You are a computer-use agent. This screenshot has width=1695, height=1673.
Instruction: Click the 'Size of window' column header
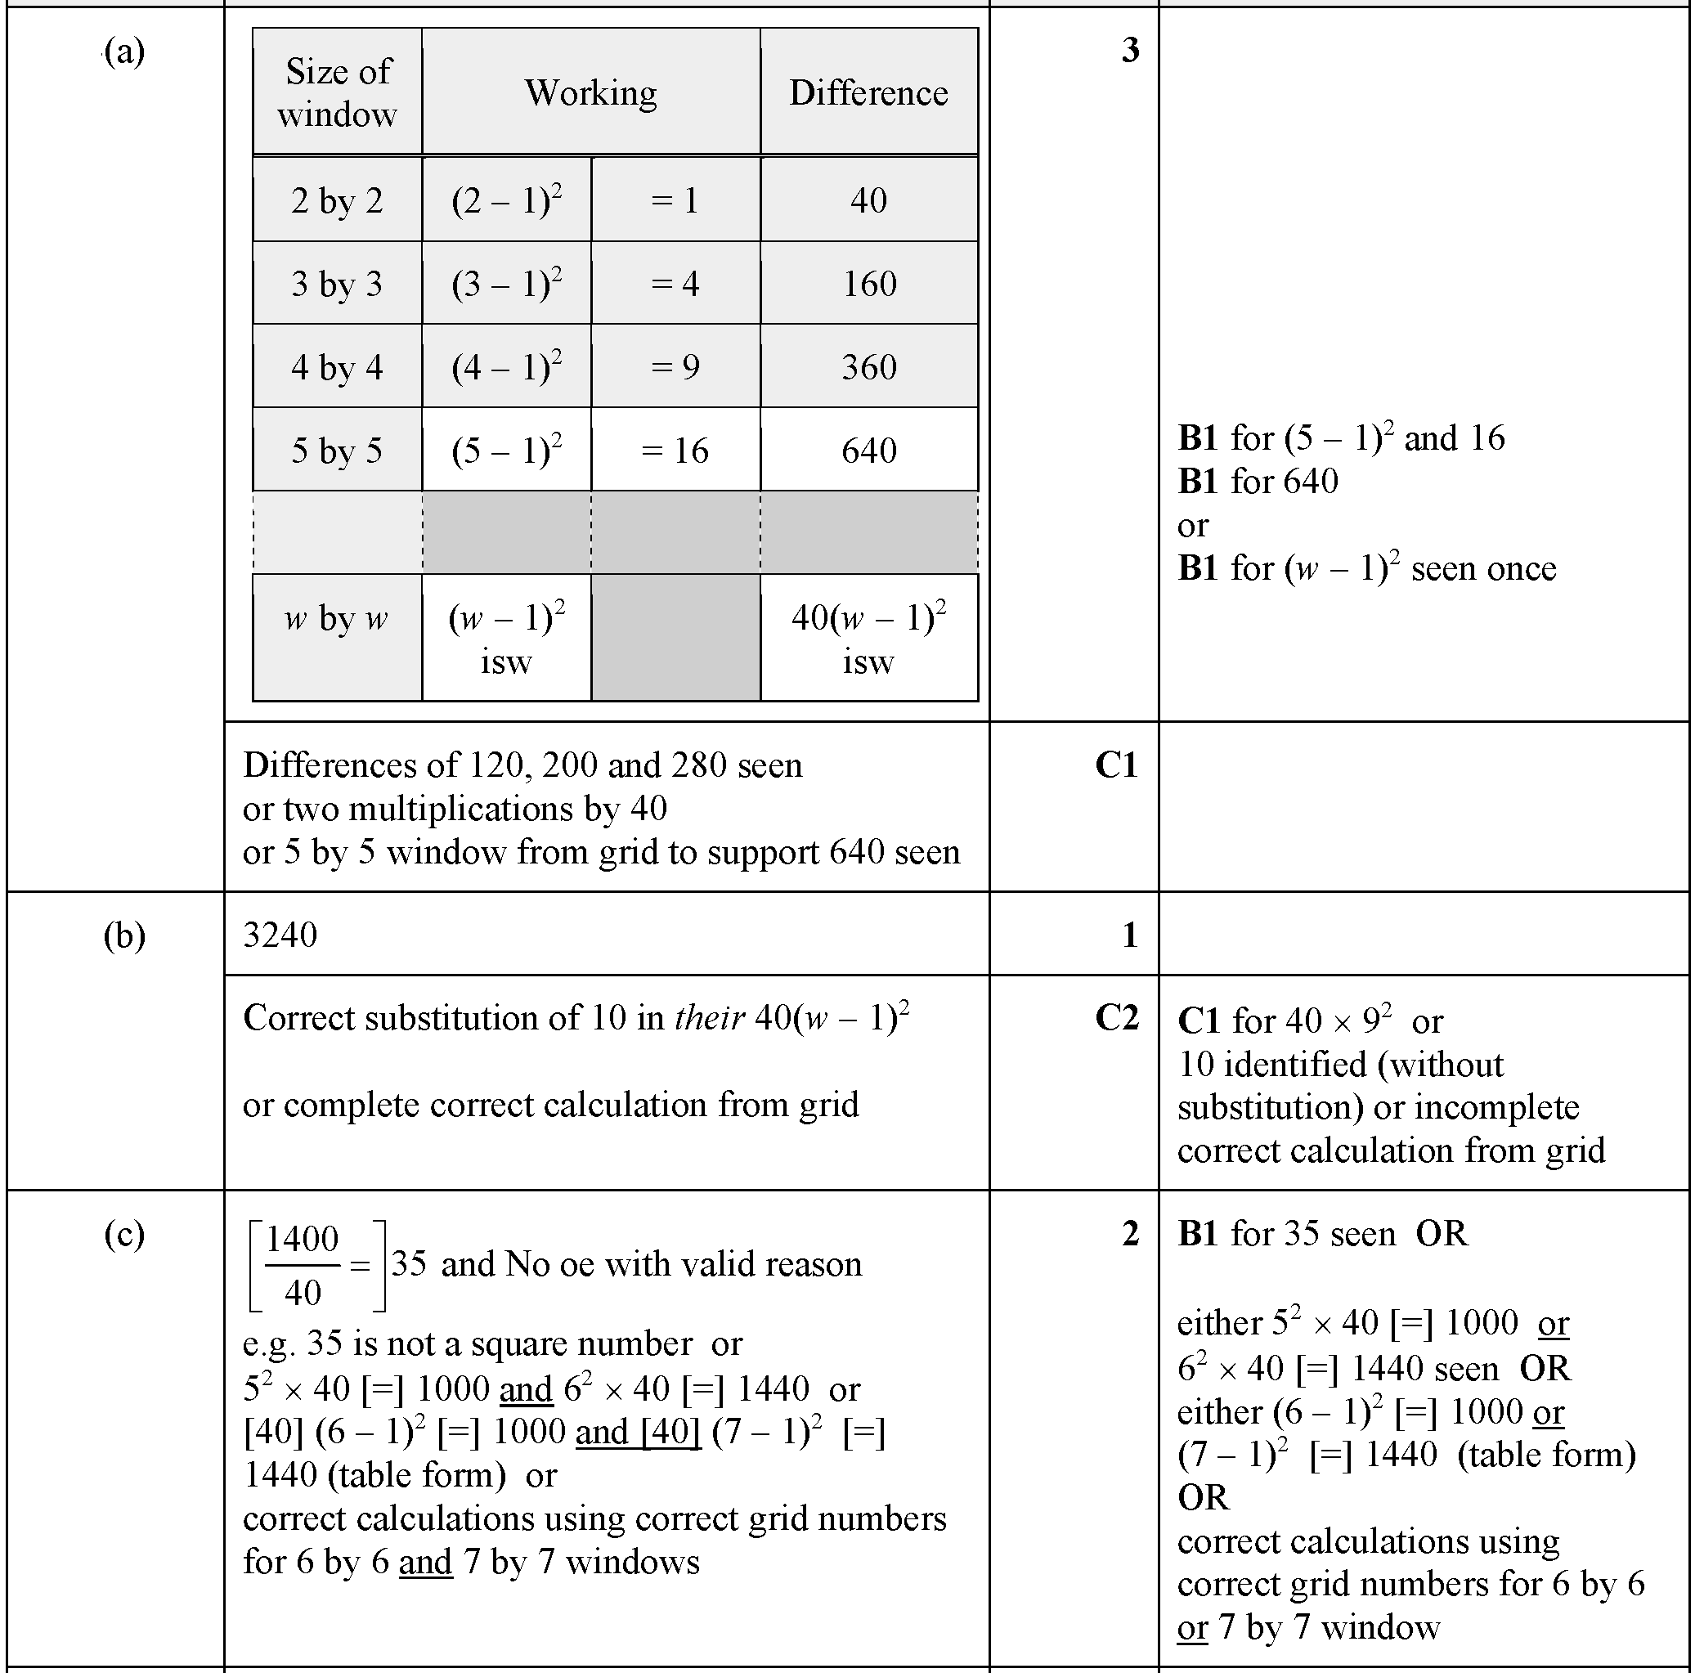pos(337,92)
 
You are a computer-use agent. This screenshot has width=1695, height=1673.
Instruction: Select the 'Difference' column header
pos(868,92)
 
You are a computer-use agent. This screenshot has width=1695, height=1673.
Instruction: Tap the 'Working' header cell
pos(590,92)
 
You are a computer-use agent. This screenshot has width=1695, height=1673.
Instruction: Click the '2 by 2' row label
pos(337,201)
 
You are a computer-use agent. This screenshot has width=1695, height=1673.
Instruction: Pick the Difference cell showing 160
pos(868,284)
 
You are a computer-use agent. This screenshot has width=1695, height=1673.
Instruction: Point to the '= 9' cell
pos(675,366)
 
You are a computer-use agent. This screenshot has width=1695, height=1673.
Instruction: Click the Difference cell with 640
pos(868,451)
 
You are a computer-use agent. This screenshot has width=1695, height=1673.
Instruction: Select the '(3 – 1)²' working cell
pos(506,284)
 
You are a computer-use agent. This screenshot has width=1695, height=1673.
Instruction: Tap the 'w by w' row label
pos(337,618)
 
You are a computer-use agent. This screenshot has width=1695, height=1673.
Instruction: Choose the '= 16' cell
pos(675,451)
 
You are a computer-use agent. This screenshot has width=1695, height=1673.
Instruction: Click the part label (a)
pos(123,51)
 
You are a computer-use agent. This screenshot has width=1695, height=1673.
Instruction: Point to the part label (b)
pos(123,935)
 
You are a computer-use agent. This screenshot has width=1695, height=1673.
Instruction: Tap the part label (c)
pos(123,1233)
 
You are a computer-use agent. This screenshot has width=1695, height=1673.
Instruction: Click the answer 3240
pos(280,935)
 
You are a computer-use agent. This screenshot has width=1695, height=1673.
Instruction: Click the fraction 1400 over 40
pos(303,1265)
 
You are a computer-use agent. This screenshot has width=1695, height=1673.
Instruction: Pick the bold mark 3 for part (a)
pos(1130,50)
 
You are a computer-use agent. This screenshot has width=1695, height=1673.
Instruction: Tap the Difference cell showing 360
pos(868,366)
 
